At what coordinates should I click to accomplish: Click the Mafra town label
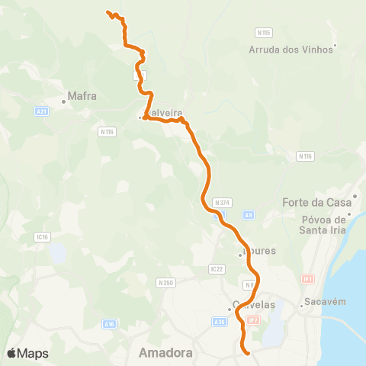coord(82,97)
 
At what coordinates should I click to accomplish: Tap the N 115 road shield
coord(263,33)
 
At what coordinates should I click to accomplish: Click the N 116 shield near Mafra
coord(107,132)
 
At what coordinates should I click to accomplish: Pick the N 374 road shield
coord(222,203)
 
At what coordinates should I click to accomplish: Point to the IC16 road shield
coord(42,237)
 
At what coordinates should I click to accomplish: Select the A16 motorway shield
coord(110,323)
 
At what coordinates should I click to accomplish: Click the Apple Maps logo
coord(27,353)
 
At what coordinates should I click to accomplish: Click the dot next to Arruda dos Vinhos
coord(335,46)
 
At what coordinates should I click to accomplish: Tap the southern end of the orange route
coord(248,352)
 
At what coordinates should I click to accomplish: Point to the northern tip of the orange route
coord(108,12)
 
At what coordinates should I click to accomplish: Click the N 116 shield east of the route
coord(305,156)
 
